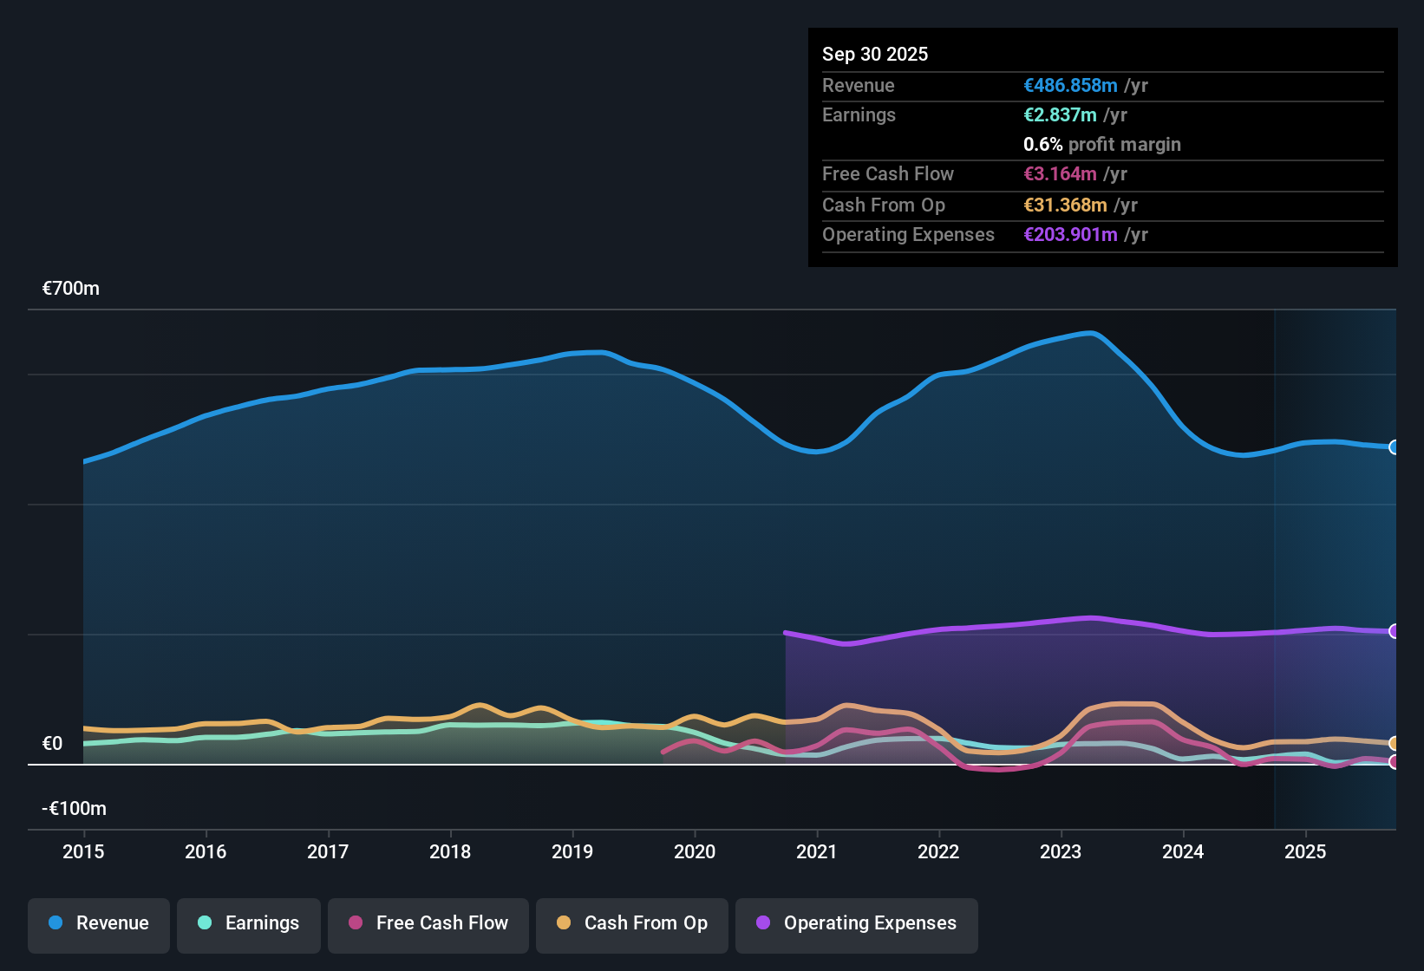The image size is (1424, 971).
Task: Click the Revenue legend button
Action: tap(99, 923)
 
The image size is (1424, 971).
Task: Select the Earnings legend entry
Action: tap(249, 923)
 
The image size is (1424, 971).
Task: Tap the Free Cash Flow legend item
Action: tap(428, 923)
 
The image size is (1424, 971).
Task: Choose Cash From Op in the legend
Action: tap(632, 923)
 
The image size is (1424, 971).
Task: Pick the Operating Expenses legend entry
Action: tap(857, 923)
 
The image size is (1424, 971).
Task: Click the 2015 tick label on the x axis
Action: tap(83, 851)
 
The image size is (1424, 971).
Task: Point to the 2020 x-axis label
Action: tap(695, 851)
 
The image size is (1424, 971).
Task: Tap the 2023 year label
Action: tap(1061, 851)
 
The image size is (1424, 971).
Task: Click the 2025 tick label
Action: tap(1305, 851)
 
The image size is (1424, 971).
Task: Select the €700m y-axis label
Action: tap(71, 289)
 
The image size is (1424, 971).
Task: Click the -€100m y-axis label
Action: tap(75, 809)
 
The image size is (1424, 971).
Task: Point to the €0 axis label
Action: tap(52, 744)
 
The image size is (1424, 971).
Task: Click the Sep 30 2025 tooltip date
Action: tap(875, 54)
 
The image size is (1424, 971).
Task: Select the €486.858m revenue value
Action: tap(1070, 86)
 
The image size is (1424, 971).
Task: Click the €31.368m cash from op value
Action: tap(1065, 205)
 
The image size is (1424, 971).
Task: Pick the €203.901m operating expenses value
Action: tap(1070, 235)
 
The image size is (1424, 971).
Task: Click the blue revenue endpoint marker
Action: tap(1395, 447)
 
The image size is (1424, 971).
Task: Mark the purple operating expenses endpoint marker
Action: tap(1395, 631)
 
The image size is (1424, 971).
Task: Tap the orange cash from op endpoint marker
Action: tap(1395, 744)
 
